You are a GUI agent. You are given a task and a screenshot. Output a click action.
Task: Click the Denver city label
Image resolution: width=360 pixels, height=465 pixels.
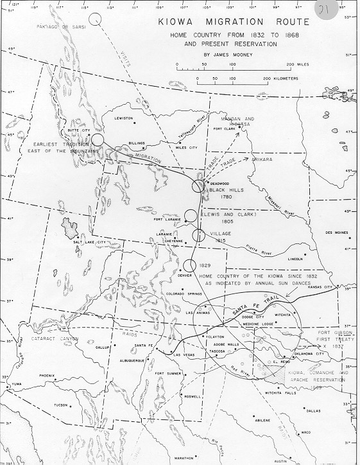click(185, 275)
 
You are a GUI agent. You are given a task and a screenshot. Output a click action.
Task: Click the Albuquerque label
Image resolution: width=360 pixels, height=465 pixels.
click(132, 360)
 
